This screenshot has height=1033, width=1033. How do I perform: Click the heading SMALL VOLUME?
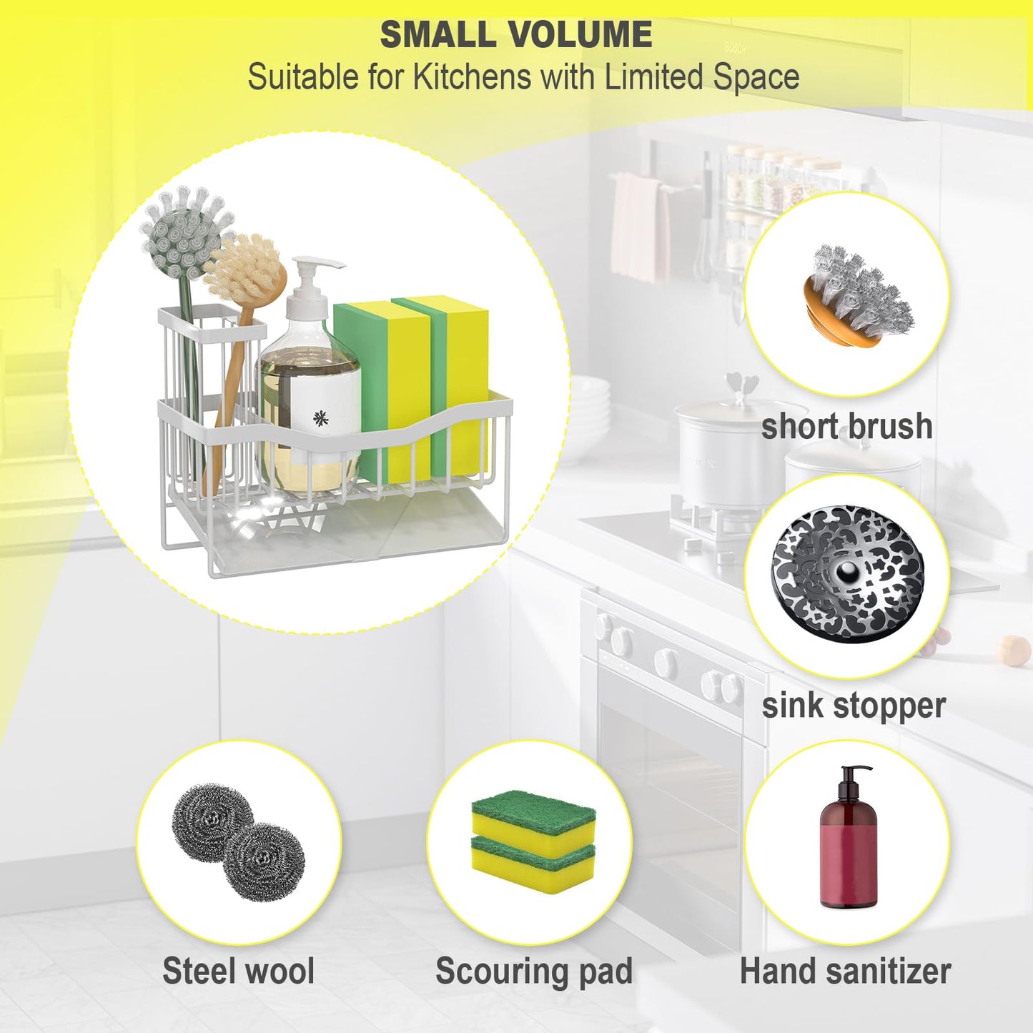tap(515, 34)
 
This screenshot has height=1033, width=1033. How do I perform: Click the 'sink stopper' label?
tap(854, 706)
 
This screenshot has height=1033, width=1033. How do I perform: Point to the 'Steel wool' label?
tap(239, 969)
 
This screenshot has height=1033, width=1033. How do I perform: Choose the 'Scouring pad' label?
tap(534, 970)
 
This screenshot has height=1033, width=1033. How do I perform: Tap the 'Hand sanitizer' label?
tap(846, 969)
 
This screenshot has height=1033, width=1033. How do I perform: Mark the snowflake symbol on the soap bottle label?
tap(320, 417)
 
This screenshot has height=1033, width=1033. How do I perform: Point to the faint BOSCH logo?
tap(735, 48)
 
